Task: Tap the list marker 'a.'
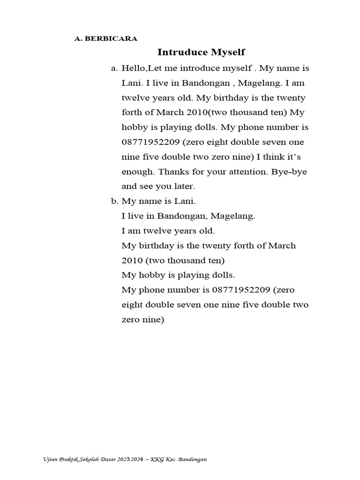114,68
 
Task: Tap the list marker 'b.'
114,202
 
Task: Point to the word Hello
134,68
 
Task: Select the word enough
136,172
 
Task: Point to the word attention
247,172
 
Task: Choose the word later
183,187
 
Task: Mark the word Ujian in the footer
48,461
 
